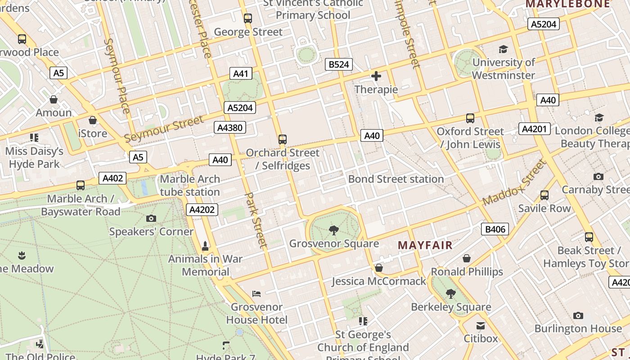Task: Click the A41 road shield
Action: point(241,73)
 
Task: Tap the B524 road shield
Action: point(338,64)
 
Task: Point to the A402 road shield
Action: point(112,178)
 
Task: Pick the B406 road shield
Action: point(495,229)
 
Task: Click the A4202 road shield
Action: point(202,209)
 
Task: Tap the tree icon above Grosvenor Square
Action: point(334,231)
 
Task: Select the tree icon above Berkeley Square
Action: point(450,294)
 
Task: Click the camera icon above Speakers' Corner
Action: point(151,219)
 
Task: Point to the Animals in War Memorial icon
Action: point(205,246)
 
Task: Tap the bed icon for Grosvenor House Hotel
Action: point(256,294)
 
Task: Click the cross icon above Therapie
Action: point(376,76)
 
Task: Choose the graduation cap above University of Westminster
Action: point(503,49)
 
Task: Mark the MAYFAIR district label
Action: point(425,245)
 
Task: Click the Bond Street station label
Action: point(396,179)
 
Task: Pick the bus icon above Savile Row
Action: point(544,195)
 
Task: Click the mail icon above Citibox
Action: point(481,325)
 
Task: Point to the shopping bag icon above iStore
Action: point(93,121)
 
